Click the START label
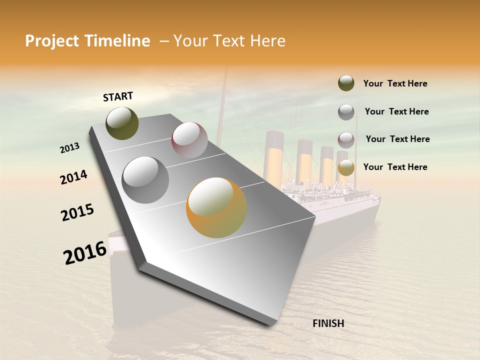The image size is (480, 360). (x=118, y=96)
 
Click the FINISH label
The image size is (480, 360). (x=328, y=323)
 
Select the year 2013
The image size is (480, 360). (x=69, y=148)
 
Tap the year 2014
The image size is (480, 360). (x=73, y=177)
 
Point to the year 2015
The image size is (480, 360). (x=77, y=212)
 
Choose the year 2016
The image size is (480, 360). (x=85, y=252)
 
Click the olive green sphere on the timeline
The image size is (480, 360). (x=122, y=123)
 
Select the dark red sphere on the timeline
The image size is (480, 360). (x=189, y=140)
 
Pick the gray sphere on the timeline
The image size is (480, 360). (x=145, y=180)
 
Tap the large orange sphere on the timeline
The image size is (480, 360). (x=216, y=207)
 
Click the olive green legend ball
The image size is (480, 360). (x=346, y=83)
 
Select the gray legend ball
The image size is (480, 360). (x=346, y=112)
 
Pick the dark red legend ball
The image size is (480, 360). (x=346, y=139)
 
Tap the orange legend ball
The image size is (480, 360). (x=346, y=167)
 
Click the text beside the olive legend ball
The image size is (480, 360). (x=395, y=83)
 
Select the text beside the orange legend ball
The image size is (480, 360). (x=395, y=167)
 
